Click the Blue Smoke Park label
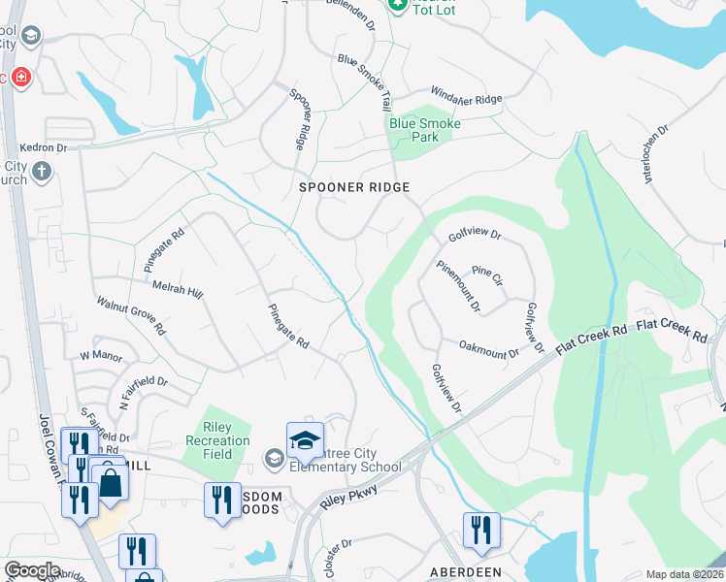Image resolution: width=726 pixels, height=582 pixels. (424, 130)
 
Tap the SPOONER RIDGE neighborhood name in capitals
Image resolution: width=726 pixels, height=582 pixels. (354, 187)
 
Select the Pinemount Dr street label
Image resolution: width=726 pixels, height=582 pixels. (457, 286)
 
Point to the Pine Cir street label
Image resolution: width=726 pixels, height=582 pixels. (487, 275)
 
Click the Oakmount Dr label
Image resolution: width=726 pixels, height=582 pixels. (489, 348)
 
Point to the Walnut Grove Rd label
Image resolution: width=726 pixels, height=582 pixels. (131, 317)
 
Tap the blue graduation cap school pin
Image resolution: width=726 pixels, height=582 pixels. (304, 439)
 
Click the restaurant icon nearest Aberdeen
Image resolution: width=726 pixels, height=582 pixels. (480, 530)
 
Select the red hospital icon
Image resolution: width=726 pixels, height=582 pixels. (20, 77)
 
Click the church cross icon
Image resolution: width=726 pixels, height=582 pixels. (41, 172)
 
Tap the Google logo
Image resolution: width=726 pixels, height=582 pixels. (32, 570)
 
